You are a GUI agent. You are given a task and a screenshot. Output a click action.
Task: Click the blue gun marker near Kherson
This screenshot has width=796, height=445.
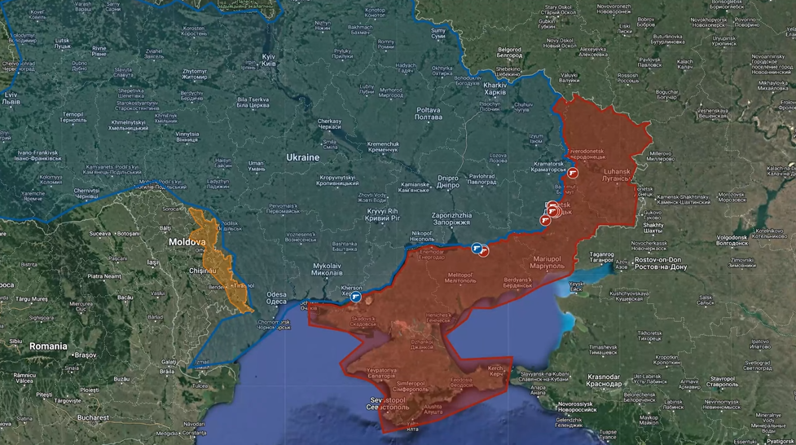[355, 297]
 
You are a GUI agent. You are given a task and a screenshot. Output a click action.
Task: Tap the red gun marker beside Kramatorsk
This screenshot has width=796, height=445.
[572, 174]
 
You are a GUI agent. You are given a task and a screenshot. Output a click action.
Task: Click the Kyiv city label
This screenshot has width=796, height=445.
[268, 60]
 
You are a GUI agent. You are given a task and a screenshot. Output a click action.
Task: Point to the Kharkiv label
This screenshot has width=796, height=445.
[495, 88]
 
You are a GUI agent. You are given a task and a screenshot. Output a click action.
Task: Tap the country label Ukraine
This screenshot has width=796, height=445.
[302, 156]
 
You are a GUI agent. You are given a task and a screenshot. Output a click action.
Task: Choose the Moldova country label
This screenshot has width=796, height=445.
[187, 242]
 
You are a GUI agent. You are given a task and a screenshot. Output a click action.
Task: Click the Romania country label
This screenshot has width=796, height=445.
[48, 346]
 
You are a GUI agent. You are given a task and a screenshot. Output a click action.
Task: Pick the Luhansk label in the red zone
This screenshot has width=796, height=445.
[618, 175]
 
